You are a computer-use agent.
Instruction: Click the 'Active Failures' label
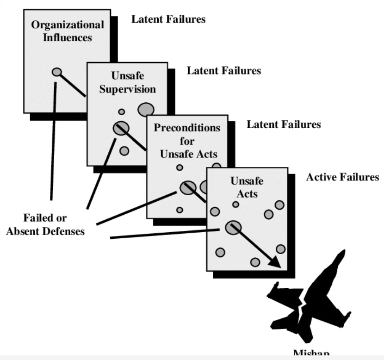[x=342, y=178]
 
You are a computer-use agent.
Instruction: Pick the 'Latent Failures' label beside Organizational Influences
[x=168, y=19]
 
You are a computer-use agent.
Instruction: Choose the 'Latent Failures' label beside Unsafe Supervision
[x=224, y=71]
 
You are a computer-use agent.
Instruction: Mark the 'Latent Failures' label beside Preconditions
[x=284, y=125]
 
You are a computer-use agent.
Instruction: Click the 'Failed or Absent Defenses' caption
[x=45, y=224]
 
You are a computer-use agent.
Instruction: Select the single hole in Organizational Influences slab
[x=56, y=72]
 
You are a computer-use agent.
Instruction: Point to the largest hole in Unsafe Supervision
[x=146, y=109]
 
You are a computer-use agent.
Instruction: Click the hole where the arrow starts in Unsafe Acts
[x=233, y=227]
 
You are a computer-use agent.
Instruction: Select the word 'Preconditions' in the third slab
[x=187, y=128]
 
